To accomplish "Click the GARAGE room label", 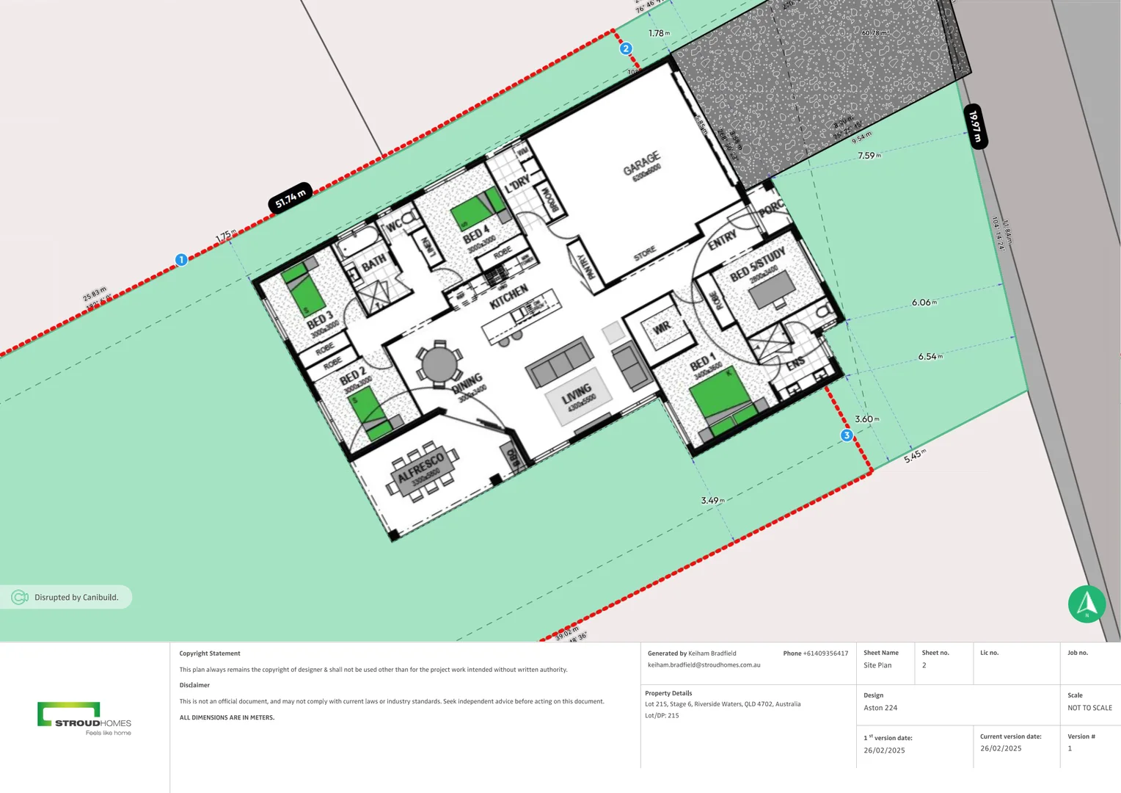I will click(x=642, y=164).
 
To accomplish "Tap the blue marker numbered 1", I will click(x=181, y=260).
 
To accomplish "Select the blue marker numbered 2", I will click(x=626, y=48).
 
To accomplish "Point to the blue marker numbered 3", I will click(x=847, y=435).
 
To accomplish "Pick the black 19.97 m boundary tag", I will click(x=975, y=126).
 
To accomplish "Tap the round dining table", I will click(x=439, y=364).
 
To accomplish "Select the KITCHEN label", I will click(x=508, y=296).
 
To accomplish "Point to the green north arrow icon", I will click(x=1087, y=604).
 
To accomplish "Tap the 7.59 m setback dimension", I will click(x=869, y=156).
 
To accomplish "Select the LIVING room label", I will click(x=577, y=394).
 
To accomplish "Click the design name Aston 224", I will click(x=880, y=708).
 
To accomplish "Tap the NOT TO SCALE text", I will click(x=1089, y=708).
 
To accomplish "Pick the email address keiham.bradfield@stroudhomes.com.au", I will click(x=704, y=665).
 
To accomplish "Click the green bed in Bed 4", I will click(x=473, y=211).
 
